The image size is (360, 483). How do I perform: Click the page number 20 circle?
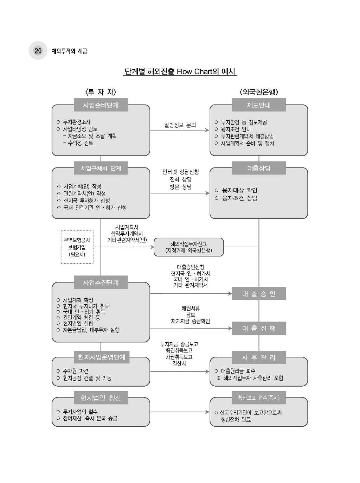click(x=38, y=51)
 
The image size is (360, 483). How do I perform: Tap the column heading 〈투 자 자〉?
click(x=101, y=92)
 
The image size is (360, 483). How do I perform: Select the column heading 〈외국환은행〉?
click(x=259, y=92)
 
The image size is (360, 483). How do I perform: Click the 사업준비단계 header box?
click(x=101, y=105)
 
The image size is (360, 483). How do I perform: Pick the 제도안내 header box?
click(x=259, y=105)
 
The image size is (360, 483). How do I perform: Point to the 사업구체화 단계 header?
click(x=101, y=168)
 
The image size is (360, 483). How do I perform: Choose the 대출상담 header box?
click(x=259, y=168)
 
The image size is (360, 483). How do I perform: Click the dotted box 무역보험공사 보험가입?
click(x=77, y=247)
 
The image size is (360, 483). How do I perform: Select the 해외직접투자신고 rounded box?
click(x=188, y=247)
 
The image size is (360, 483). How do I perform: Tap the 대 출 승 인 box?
click(x=259, y=294)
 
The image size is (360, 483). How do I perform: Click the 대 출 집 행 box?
click(x=259, y=328)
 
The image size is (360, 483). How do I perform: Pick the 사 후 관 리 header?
click(x=259, y=357)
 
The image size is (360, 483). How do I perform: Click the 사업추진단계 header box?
click(x=101, y=282)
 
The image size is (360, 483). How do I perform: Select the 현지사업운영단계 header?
click(x=101, y=357)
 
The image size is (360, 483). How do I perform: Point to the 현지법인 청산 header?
click(x=101, y=398)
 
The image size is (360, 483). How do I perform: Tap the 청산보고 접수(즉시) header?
click(x=259, y=398)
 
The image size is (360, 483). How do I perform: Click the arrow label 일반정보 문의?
click(x=180, y=125)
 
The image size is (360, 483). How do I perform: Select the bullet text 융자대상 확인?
click(x=239, y=190)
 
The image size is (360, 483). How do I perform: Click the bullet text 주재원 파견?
click(x=76, y=371)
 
